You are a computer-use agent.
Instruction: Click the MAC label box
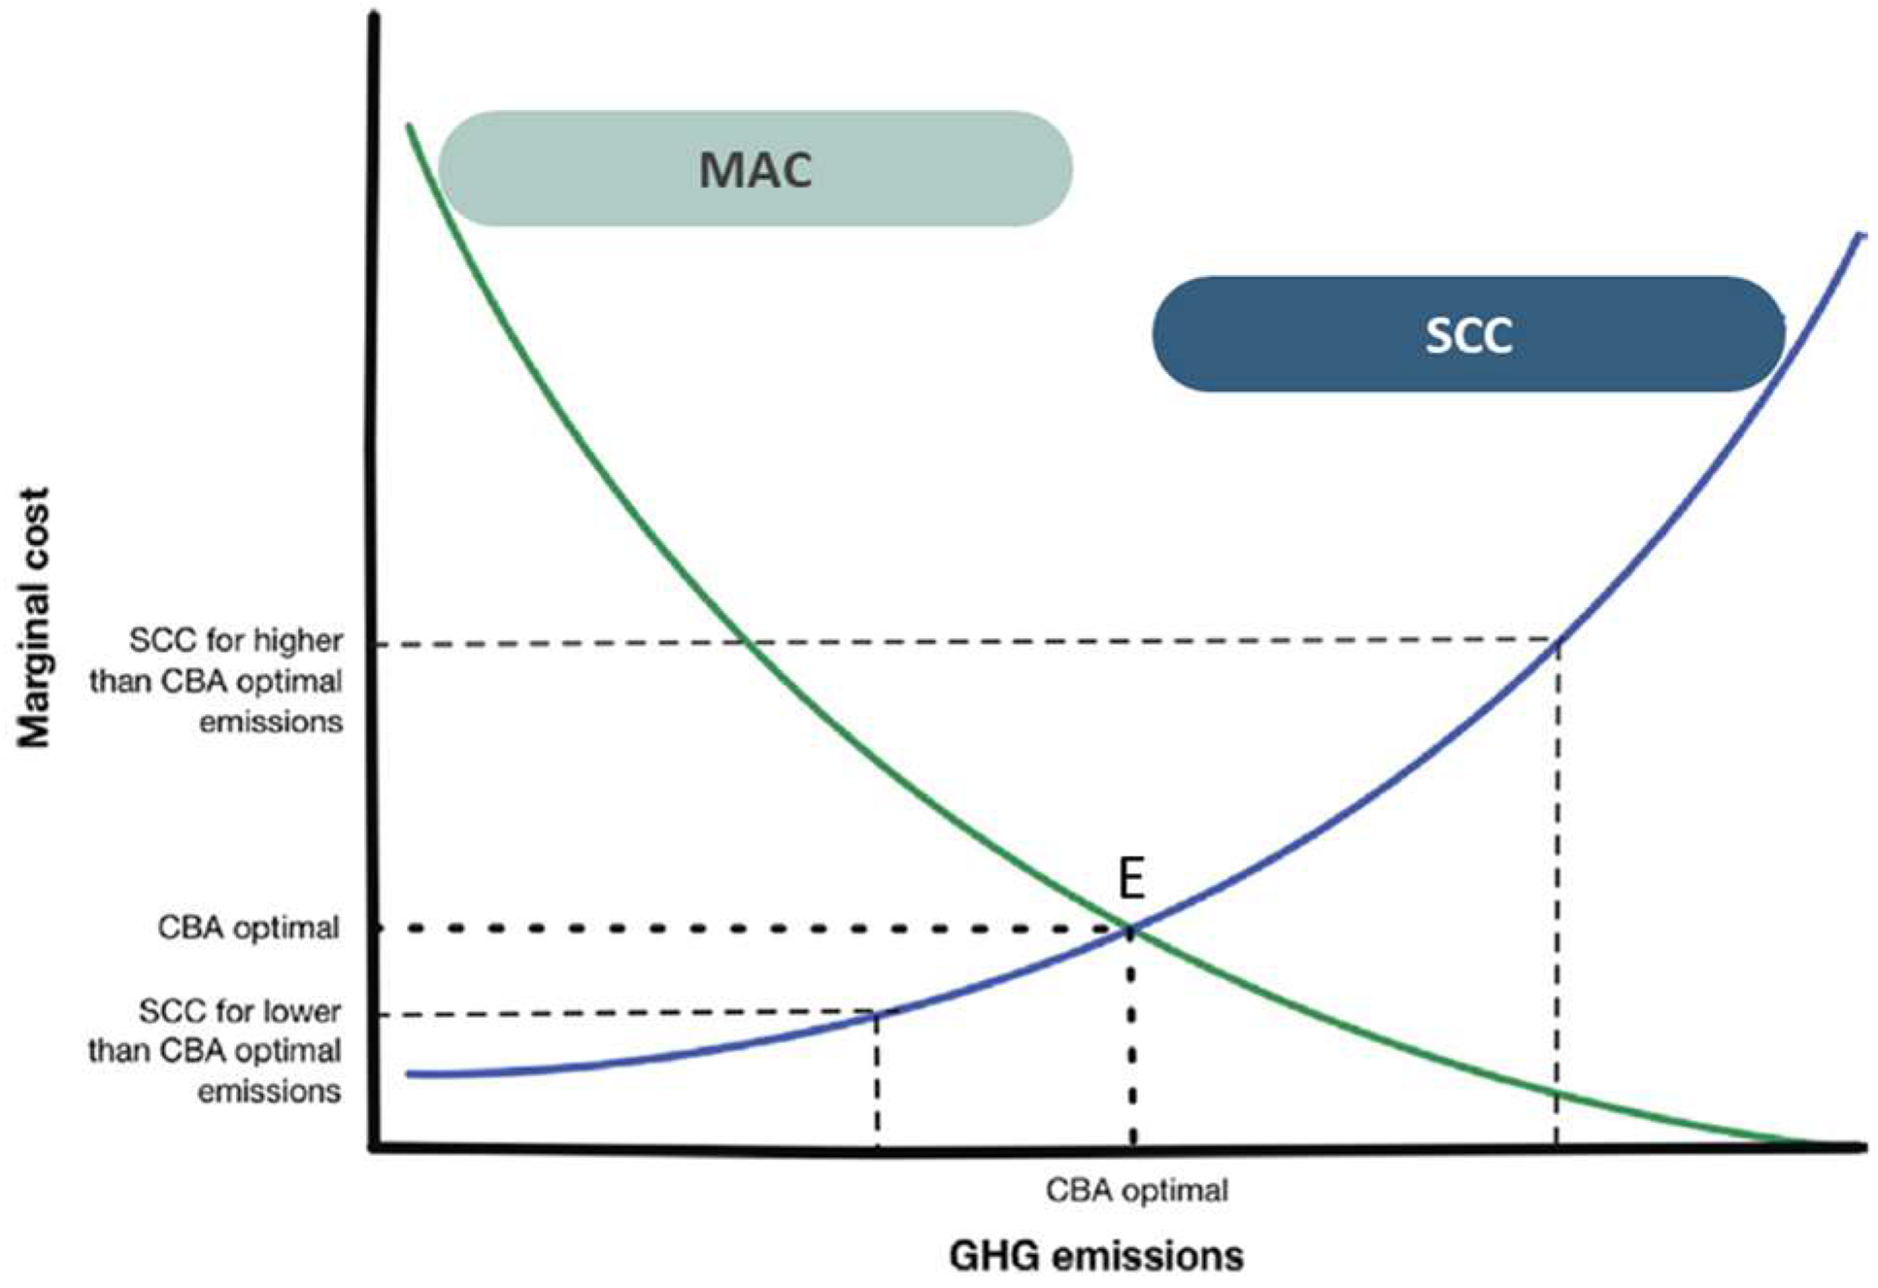[755, 169]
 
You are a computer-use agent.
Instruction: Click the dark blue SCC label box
[1467, 335]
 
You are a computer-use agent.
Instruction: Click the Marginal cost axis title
[34, 618]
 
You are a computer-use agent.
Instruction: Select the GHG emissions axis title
[1096, 1256]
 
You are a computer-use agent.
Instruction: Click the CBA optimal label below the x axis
[1136, 1190]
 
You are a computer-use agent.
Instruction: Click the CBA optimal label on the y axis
[249, 928]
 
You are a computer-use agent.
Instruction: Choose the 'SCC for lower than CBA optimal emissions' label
[216, 1051]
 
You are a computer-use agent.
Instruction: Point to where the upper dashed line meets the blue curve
[1559, 640]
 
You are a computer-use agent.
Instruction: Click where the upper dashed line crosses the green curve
[745, 642]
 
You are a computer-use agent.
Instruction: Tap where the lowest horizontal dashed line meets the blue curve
[877, 1014]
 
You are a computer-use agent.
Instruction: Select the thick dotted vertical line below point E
[1132, 1039]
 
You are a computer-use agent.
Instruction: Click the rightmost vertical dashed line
[1558, 894]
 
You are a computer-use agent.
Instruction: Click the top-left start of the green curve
[410, 127]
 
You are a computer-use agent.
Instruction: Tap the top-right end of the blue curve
[1861, 236]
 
